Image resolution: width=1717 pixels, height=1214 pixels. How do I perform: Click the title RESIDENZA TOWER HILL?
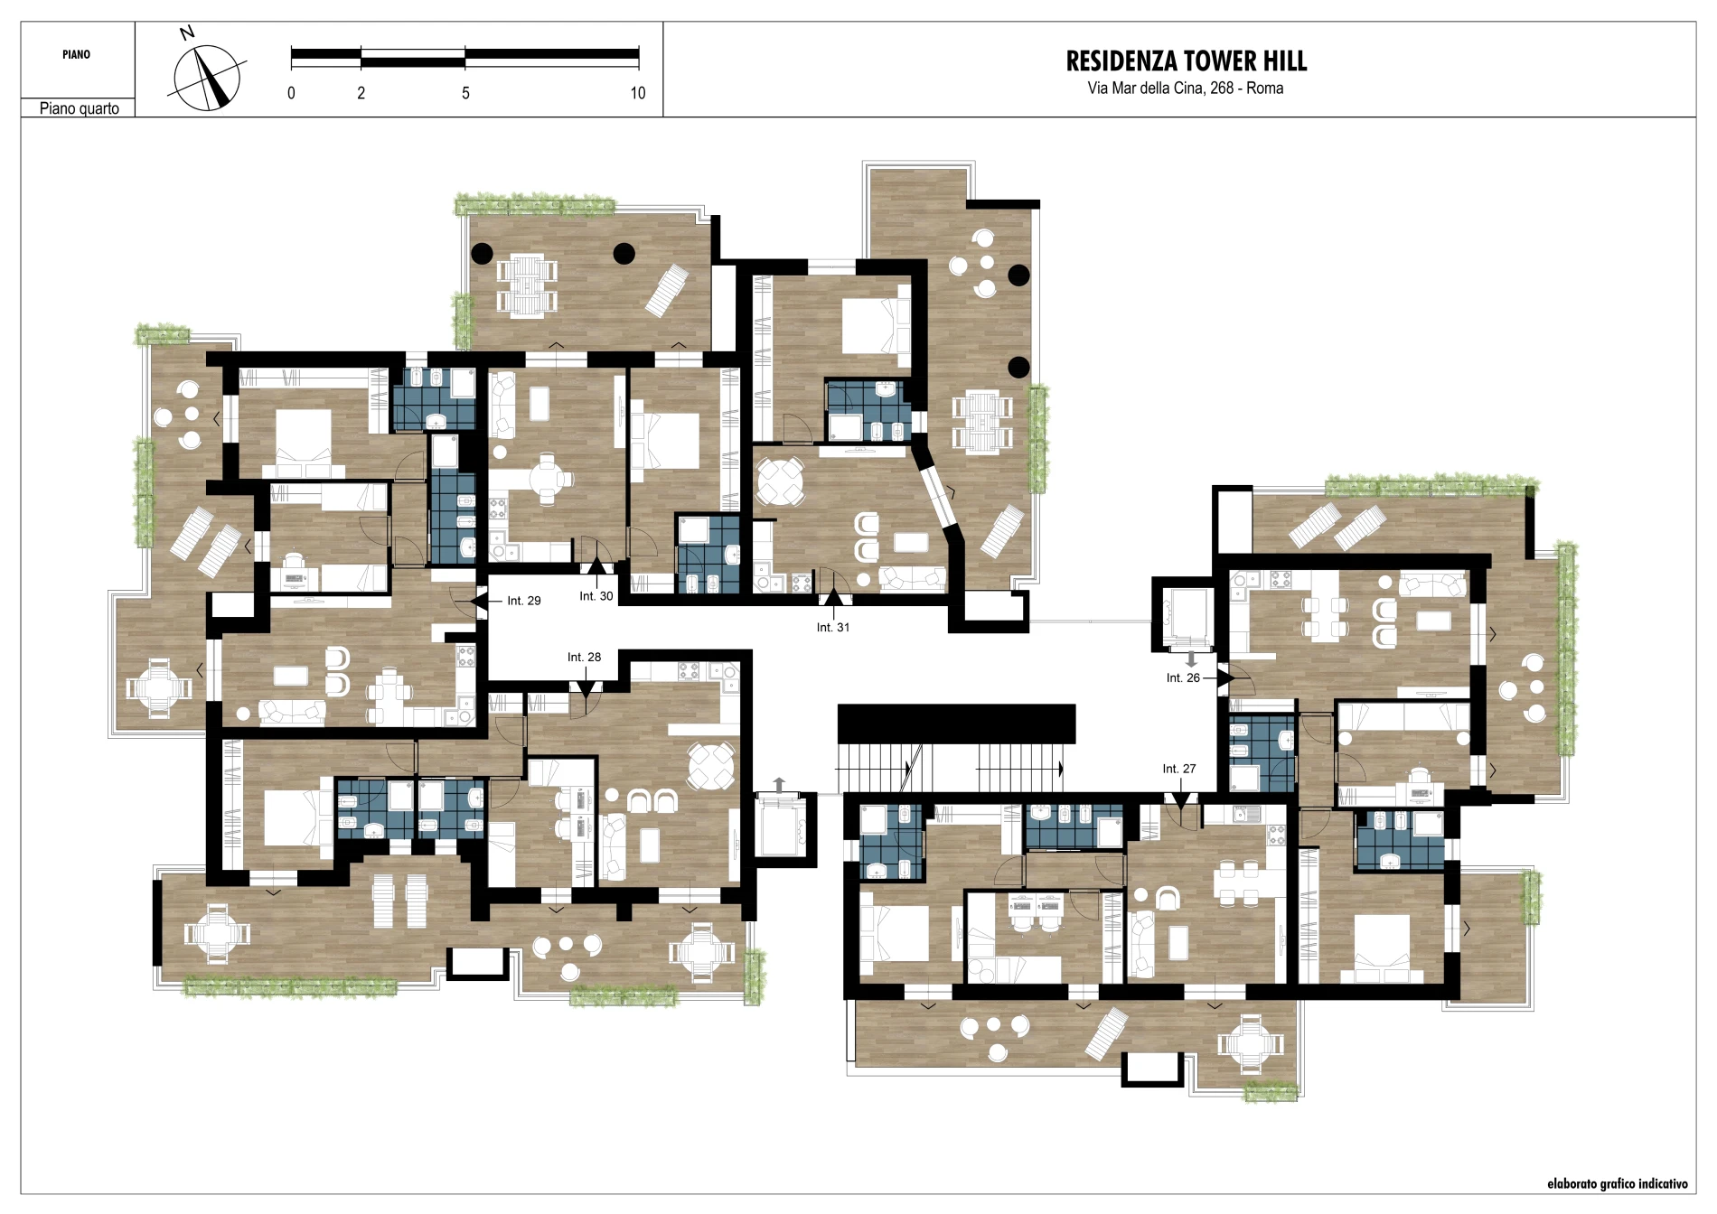(1186, 61)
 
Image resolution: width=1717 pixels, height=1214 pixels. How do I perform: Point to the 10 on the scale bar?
(638, 93)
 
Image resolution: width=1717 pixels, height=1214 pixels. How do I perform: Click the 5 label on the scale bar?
(465, 93)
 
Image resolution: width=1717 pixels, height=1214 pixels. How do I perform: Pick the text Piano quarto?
(80, 108)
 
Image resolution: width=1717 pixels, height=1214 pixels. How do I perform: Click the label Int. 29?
(524, 601)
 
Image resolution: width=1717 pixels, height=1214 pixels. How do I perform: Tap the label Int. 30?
(596, 596)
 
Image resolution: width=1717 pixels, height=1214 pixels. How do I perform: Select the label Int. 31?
(833, 627)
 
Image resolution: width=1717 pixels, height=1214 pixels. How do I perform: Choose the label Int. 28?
(584, 657)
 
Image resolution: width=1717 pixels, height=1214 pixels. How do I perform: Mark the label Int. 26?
(1183, 677)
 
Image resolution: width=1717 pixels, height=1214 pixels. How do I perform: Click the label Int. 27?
(1179, 769)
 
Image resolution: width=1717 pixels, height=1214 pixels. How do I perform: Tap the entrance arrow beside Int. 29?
(479, 601)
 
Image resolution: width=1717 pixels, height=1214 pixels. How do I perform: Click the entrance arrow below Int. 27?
(1180, 800)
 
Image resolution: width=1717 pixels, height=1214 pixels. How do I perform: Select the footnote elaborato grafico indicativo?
(1617, 1183)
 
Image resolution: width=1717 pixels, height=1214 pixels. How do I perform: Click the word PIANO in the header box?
(77, 55)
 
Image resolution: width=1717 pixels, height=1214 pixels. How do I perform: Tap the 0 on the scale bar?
(291, 93)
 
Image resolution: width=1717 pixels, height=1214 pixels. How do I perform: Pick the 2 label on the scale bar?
(361, 93)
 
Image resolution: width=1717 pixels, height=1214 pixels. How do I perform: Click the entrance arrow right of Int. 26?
(1226, 677)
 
